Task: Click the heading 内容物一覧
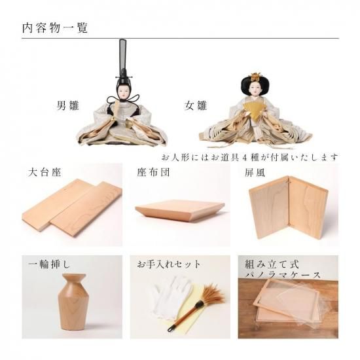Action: pos(55,28)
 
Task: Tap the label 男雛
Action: pos(68,106)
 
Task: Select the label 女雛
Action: pos(196,106)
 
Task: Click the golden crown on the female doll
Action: pos(255,77)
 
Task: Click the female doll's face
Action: pos(255,88)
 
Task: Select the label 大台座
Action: pos(45,172)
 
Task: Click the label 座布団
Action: pos(154,172)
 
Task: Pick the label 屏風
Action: pos(255,172)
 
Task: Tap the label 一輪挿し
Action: pos(49,264)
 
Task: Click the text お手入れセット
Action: pos(169,264)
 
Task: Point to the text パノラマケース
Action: pos(283,275)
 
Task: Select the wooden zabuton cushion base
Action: pos(180,210)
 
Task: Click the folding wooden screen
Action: pos(289,207)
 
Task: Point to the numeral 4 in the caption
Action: pos(244,158)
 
